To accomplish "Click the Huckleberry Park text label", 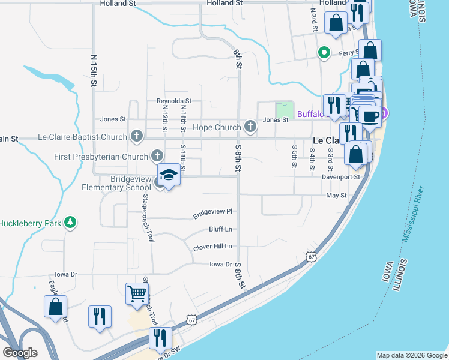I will [x=30, y=223].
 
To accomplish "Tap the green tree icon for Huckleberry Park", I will [x=71, y=223].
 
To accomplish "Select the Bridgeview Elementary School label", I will [x=117, y=183].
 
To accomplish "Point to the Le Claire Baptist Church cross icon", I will [x=137, y=137].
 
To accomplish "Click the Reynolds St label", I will [x=173, y=101].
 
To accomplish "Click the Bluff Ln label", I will [x=220, y=229].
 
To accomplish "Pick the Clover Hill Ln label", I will [x=212, y=247].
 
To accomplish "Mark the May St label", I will [x=336, y=196].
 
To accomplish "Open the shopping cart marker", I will [x=137, y=295].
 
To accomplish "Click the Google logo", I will [x=20, y=353].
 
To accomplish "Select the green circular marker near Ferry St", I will [x=325, y=53].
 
